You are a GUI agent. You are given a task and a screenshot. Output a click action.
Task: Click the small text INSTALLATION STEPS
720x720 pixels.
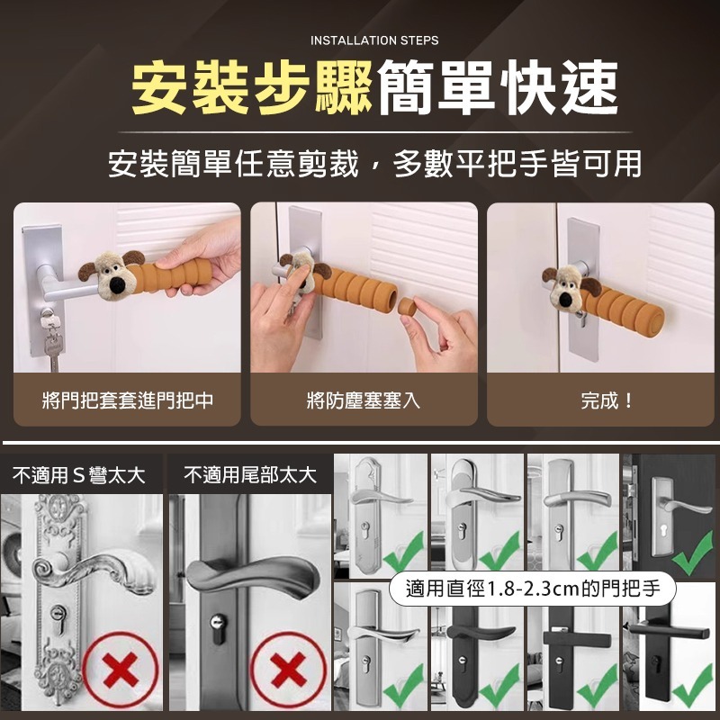click(x=374, y=40)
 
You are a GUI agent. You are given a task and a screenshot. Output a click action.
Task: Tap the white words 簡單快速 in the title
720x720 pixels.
click(x=498, y=87)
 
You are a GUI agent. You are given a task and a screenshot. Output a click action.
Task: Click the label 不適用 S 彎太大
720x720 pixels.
click(x=78, y=475)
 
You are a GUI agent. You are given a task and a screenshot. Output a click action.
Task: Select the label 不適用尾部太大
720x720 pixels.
click(x=250, y=475)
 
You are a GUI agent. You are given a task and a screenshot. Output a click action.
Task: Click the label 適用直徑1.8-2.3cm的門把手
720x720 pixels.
click(x=533, y=589)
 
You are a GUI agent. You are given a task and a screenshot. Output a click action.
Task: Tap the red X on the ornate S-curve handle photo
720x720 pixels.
click(x=119, y=670)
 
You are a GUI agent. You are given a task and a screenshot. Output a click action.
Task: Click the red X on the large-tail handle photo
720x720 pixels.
click(x=287, y=670)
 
